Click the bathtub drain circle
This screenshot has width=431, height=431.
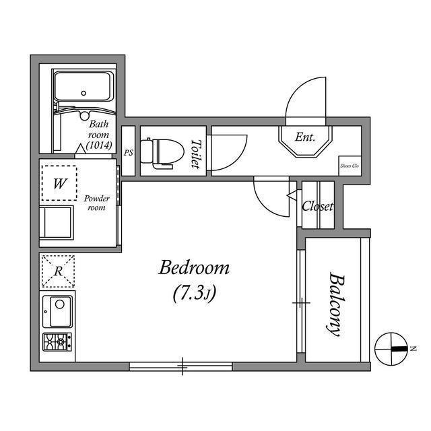(x=84, y=93)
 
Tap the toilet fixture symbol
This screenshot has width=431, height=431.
(x=162, y=154)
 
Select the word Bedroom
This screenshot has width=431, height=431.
(x=194, y=267)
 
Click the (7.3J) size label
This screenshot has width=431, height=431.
(x=194, y=294)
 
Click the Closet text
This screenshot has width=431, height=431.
(x=317, y=206)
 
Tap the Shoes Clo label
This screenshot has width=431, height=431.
(x=350, y=166)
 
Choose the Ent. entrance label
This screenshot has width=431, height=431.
(x=305, y=137)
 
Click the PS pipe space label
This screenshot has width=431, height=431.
(x=129, y=153)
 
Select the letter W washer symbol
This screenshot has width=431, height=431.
(x=60, y=183)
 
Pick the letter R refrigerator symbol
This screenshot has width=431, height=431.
(x=59, y=271)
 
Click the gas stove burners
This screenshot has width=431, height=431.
(x=57, y=341)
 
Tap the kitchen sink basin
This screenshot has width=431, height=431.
(x=58, y=312)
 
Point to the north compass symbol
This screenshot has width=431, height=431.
(x=391, y=349)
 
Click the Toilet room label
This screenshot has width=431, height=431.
(x=196, y=154)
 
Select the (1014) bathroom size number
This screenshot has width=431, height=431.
(x=99, y=145)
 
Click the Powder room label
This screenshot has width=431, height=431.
(x=96, y=203)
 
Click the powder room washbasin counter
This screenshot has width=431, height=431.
(x=57, y=223)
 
